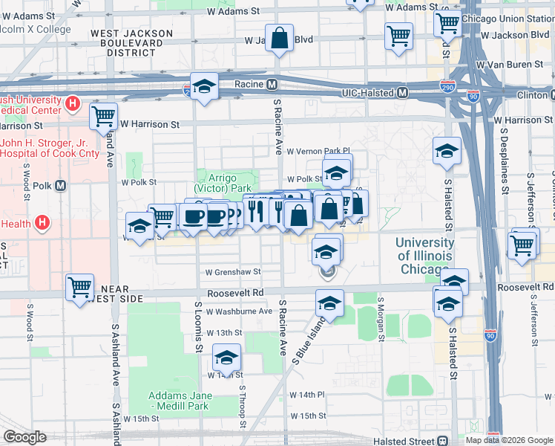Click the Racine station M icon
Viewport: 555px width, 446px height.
pyautogui.click(x=272, y=84)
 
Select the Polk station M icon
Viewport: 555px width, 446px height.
pyautogui.click(x=60, y=185)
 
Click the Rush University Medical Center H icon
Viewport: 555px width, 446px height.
pyautogui.click(x=73, y=103)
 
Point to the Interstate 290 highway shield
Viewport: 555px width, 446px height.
pyautogui.click(x=447, y=87)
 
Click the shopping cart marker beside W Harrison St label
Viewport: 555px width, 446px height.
pyautogui.click(x=103, y=116)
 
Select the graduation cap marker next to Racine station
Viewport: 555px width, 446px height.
pyautogui.click(x=204, y=87)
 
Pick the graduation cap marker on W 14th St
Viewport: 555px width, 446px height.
pyautogui.click(x=227, y=358)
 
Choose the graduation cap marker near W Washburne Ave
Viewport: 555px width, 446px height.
pyautogui.click(x=329, y=303)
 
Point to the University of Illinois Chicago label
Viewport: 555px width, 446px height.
pyautogui.click(x=424, y=256)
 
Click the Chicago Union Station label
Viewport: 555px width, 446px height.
pyautogui.click(x=508, y=19)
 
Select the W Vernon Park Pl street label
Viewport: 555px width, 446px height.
pyautogui.click(x=318, y=151)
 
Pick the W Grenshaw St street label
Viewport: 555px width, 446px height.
pyautogui.click(x=234, y=273)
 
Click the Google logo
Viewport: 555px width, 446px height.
pyautogui.click(x=24, y=437)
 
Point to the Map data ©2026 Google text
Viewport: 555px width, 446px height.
pyautogui.click(x=509, y=440)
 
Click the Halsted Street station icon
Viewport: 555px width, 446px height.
pyautogui.click(x=443, y=440)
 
